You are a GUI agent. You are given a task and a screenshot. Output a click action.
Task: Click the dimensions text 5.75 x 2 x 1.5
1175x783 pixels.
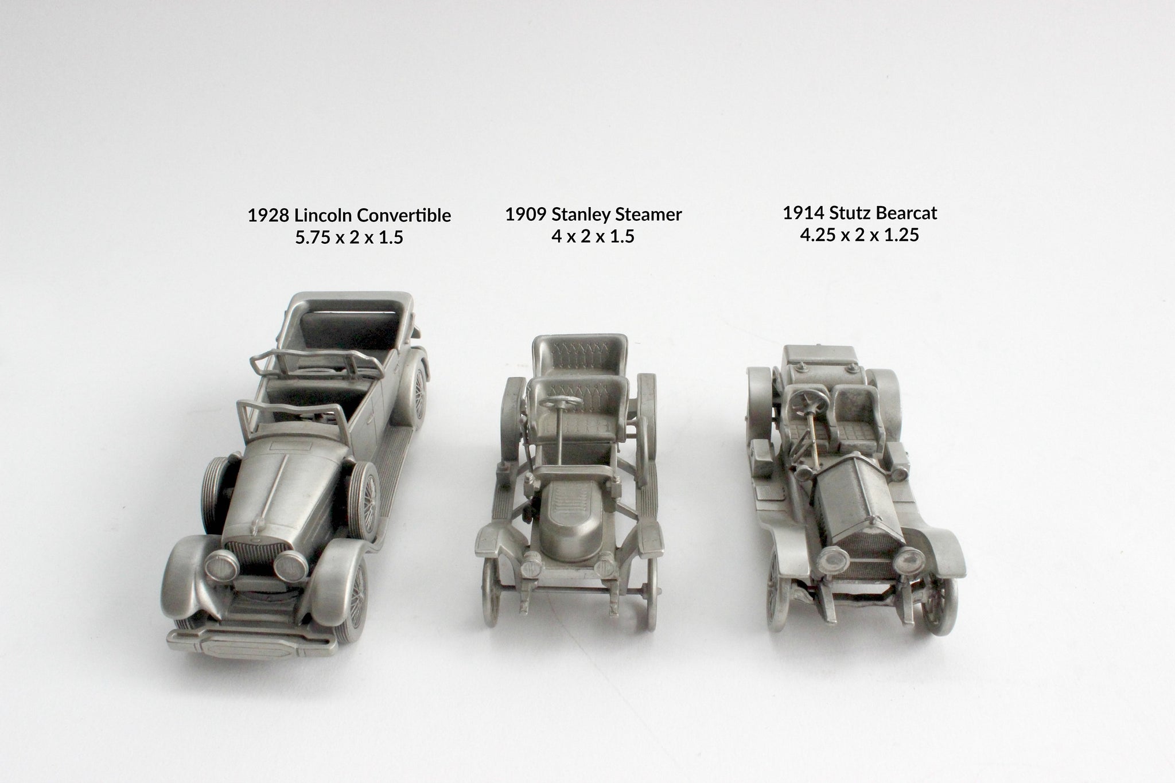349,237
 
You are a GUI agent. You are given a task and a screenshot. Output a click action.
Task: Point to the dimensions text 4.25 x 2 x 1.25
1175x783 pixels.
859,235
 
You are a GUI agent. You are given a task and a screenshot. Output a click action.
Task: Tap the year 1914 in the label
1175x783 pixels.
803,213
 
